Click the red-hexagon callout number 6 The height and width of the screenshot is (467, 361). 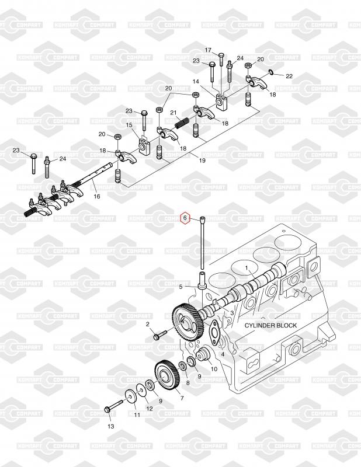(185, 218)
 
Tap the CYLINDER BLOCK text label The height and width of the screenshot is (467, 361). (270, 325)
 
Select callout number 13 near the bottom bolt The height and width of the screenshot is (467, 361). (110, 426)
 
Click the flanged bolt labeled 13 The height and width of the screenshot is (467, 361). (113, 406)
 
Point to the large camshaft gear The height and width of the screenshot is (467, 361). (188, 322)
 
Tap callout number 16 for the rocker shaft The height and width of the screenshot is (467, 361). (97, 196)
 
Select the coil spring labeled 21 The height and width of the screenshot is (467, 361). (182, 123)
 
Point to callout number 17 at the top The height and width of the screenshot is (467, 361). (208, 50)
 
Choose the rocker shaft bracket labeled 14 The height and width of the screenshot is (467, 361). (221, 102)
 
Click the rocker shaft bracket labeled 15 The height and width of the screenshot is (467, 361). (144, 145)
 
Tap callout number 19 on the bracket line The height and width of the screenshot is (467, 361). (202, 161)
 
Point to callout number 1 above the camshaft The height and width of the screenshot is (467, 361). (247, 268)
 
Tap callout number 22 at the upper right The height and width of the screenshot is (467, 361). (289, 76)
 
